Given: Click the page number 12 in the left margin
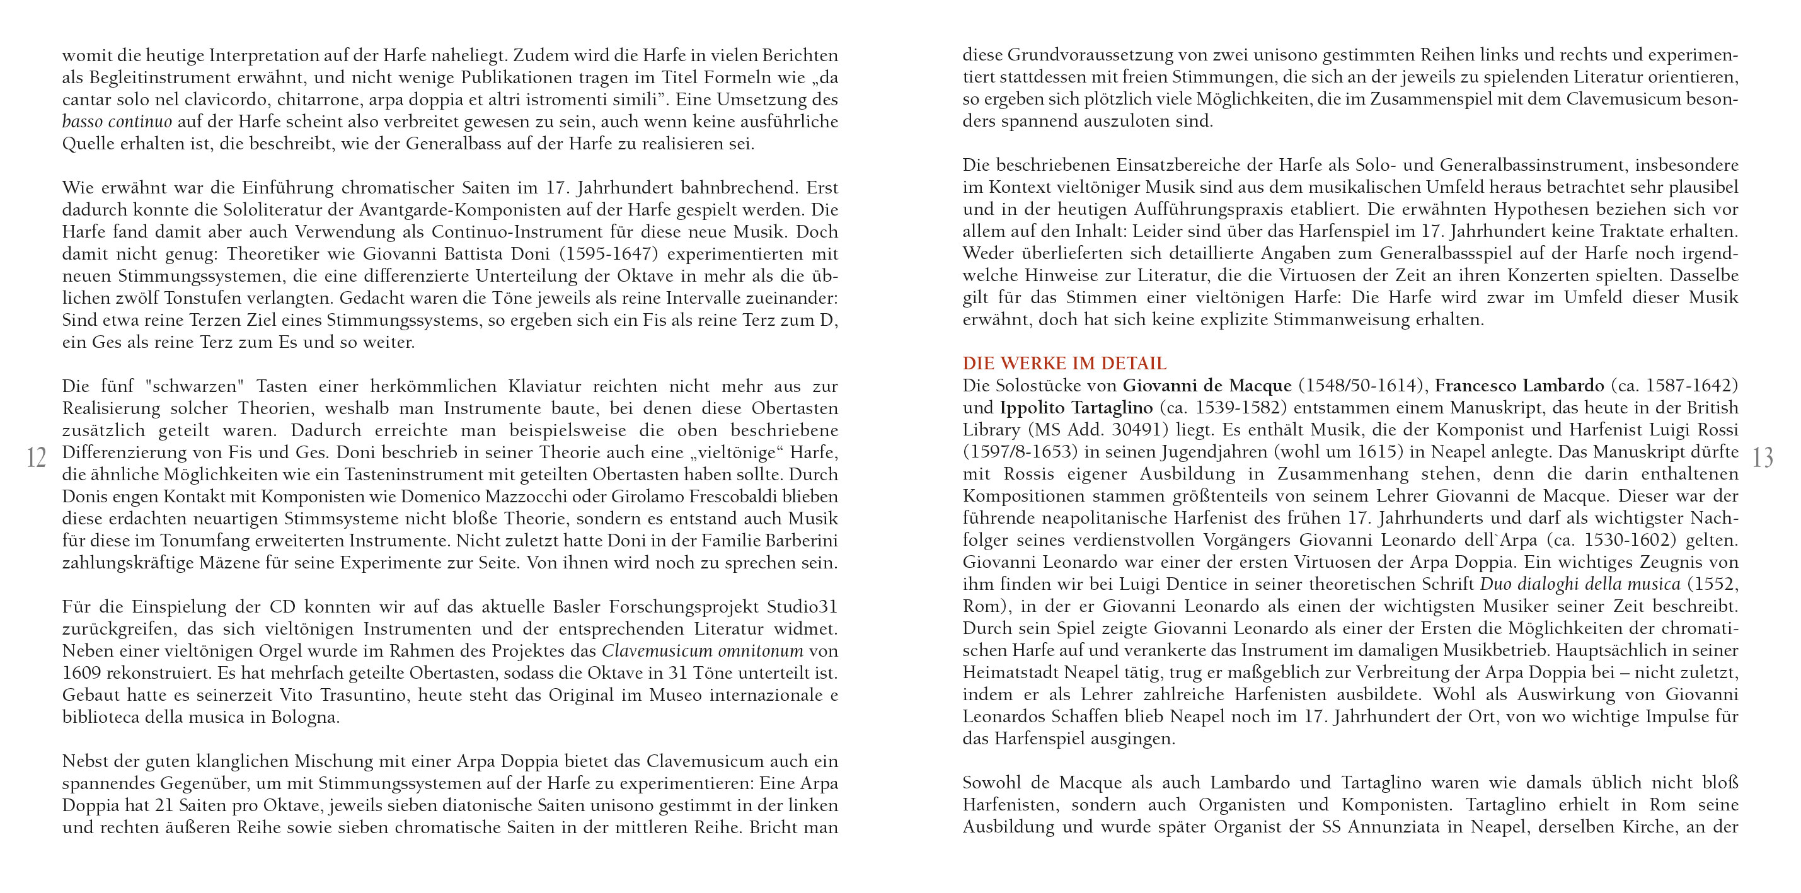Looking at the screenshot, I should coord(37,458).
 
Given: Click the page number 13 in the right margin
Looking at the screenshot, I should coord(1763,458).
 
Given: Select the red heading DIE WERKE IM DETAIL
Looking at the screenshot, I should coord(1064,364).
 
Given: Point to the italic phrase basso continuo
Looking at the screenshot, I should coord(117,122).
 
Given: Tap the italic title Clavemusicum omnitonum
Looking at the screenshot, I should coord(702,651).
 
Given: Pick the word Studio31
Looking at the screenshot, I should coord(802,607).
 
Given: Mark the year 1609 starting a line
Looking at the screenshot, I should coord(81,674).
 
